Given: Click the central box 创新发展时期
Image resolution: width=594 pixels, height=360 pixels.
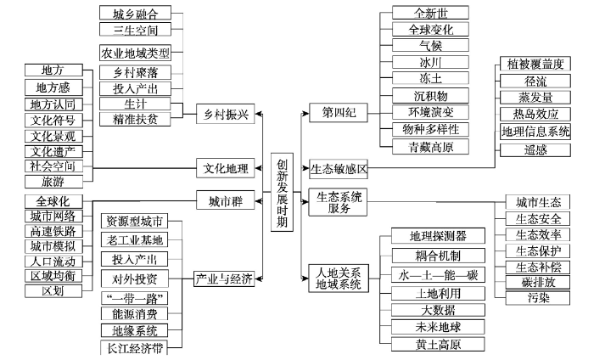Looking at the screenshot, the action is (x=282, y=192).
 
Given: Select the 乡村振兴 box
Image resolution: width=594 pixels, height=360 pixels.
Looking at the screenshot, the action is (x=226, y=114).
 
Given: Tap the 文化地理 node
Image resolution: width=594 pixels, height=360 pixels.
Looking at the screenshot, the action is (x=226, y=168).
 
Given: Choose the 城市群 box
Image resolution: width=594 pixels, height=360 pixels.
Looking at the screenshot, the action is (x=226, y=200).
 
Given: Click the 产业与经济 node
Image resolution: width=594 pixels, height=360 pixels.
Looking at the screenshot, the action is (x=224, y=278).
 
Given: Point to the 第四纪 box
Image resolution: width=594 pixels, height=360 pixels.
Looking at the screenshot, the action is (x=339, y=113).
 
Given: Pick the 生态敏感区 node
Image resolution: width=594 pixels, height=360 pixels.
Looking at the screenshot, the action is (x=339, y=169).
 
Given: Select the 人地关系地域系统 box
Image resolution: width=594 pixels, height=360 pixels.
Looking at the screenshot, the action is (x=339, y=278).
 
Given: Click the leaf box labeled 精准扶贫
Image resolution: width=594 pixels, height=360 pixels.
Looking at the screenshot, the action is (x=135, y=120).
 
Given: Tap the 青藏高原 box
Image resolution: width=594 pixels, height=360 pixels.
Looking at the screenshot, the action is (x=430, y=147).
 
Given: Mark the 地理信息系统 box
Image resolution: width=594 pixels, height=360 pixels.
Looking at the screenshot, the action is (x=535, y=132).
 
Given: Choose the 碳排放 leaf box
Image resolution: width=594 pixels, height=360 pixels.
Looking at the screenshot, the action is (x=538, y=282).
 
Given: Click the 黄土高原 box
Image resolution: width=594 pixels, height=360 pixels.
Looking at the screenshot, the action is (x=438, y=345).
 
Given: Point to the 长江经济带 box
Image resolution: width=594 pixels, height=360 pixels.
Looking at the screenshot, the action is (x=134, y=347).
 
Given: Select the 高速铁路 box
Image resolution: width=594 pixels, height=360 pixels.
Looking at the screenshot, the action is (x=53, y=231).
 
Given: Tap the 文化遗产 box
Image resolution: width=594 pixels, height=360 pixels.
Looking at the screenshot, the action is (x=53, y=152).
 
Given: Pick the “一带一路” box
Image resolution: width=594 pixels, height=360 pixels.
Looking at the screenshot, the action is (x=134, y=298).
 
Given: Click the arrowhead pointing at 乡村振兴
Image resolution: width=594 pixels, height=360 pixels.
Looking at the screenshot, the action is (x=258, y=114).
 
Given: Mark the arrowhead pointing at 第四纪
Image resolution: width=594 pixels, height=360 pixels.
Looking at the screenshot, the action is (x=305, y=113).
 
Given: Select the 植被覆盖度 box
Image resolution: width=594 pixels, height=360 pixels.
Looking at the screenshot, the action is (x=535, y=64).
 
